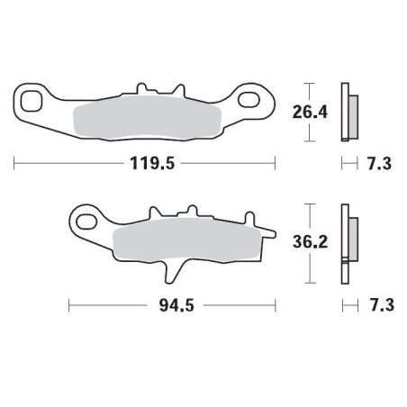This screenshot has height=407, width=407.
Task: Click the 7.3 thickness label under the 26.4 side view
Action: (378, 164)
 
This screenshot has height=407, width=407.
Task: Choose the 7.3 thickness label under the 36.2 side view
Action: (378, 306)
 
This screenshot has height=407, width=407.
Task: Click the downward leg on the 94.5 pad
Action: (169, 273)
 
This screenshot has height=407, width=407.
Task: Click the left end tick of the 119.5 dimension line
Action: (15, 164)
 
